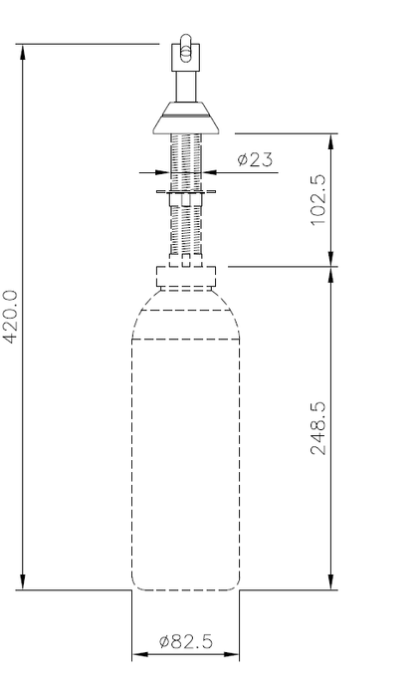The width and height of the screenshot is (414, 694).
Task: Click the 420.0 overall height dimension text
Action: (x=11, y=317)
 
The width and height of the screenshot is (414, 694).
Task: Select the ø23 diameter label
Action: (x=256, y=158)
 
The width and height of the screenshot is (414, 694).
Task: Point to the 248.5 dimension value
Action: (x=318, y=428)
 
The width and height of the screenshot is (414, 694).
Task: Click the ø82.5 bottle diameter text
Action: (x=186, y=642)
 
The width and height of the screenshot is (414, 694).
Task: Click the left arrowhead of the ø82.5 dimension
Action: (x=138, y=654)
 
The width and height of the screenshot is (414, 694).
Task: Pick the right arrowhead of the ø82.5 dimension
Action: (x=235, y=654)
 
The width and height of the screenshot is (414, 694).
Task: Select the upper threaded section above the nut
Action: (x=186, y=159)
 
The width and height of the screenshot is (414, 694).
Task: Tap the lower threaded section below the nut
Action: (x=186, y=234)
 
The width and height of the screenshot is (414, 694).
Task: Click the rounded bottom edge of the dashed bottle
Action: (x=186, y=587)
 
